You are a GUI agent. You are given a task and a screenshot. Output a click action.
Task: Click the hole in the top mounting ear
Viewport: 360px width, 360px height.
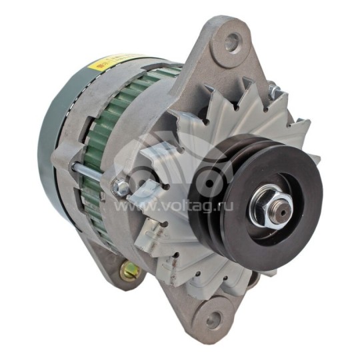[232, 43]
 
